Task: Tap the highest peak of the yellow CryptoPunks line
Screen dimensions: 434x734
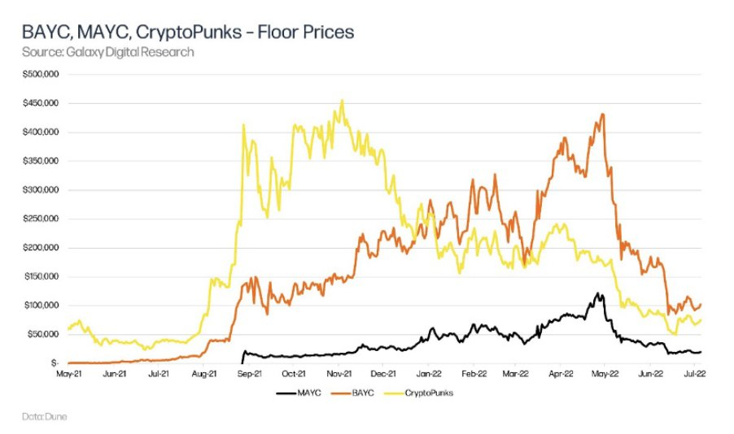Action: coord(342,101)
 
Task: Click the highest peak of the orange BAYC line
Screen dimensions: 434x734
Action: coord(602,115)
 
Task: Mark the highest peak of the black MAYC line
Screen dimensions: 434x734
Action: coord(598,293)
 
